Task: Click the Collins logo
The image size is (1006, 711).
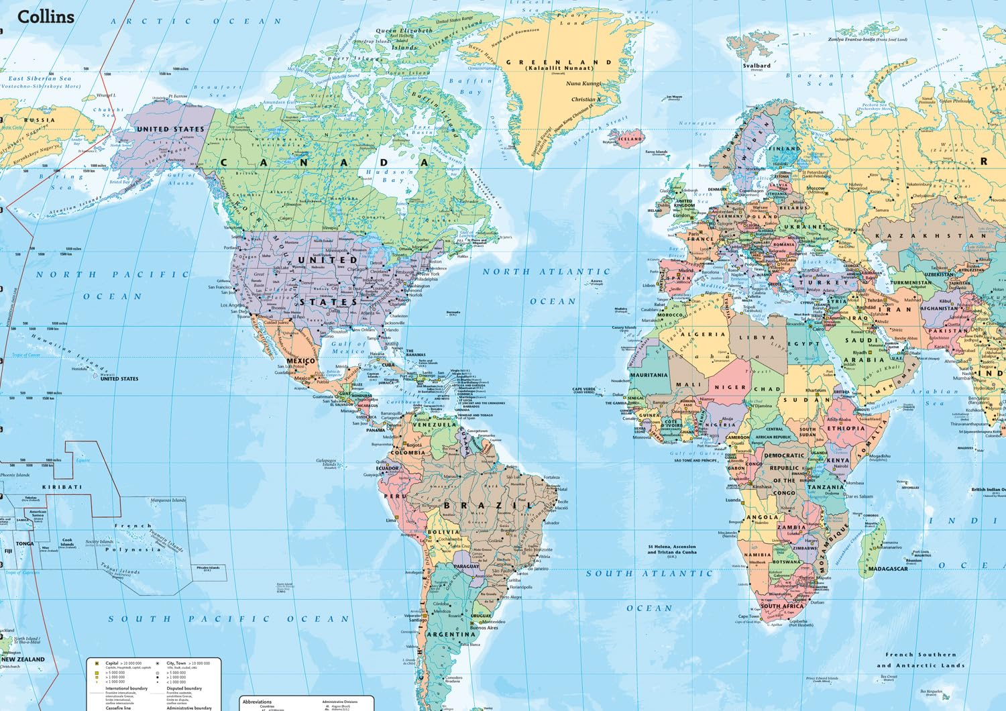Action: (x=46, y=17)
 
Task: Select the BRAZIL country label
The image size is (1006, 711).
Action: (x=488, y=505)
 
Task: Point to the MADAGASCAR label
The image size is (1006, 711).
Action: (x=888, y=569)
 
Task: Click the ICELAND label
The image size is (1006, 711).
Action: (x=630, y=139)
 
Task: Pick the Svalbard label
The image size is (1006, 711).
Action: (x=757, y=66)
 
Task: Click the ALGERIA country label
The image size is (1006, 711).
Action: (x=701, y=334)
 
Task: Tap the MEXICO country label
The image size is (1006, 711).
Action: (x=300, y=361)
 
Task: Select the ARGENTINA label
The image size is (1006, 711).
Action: (x=451, y=634)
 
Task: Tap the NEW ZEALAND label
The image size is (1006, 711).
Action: (x=23, y=659)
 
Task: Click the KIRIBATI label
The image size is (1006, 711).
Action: (x=62, y=487)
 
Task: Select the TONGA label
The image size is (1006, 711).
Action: (x=24, y=543)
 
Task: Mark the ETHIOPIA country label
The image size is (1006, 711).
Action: (x=845, y=428)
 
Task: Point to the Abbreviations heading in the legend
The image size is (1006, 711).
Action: (x=257, y=702)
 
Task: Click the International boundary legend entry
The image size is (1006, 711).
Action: (x=126, y=688)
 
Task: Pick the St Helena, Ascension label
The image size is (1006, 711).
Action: (x=671, y=547)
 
